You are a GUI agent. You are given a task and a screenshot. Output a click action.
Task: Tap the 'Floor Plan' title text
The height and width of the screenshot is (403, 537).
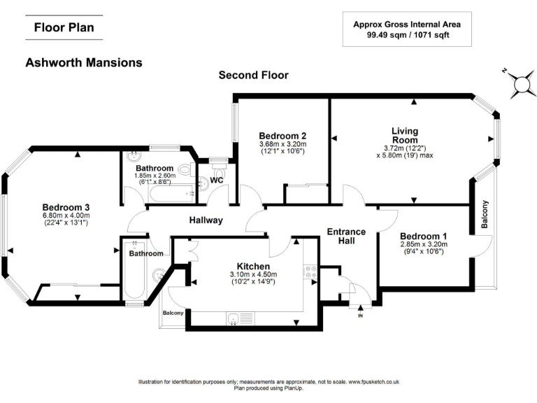pos(64,28)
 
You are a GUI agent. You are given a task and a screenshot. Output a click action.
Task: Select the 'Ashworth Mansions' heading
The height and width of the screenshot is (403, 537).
pos(84,62)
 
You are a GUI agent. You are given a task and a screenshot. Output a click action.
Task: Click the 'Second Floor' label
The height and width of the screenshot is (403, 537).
pos(253,75)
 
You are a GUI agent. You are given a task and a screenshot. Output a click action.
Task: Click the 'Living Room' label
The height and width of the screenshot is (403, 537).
pos(405,135)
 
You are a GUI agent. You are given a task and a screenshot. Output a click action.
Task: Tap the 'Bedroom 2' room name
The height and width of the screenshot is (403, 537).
pos(282,136)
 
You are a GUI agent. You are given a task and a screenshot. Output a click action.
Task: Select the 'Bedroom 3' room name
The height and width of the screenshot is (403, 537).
pos(66,207)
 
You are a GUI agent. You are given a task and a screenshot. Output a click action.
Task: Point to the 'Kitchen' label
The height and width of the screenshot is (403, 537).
pos(253,267)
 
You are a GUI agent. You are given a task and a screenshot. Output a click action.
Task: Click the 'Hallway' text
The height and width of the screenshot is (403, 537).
pos(206,220)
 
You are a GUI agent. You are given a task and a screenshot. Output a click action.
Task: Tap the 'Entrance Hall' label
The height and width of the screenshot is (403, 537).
pos(347,236)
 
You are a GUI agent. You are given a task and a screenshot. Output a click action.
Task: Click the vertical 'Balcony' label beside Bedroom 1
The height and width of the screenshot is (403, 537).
pos(485,215)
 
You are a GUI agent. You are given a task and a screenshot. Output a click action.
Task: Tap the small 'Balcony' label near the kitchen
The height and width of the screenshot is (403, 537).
pos(173,313)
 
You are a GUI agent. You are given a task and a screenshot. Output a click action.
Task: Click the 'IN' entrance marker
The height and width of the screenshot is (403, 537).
pos(361,316)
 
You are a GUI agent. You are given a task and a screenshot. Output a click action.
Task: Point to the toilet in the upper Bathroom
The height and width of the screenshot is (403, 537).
pos(186,169)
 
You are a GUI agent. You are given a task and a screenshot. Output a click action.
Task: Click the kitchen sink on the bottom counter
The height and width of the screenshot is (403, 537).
pos(232,319)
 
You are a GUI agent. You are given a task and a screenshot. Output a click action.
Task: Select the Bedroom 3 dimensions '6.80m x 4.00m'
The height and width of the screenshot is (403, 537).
pos(66,215)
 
